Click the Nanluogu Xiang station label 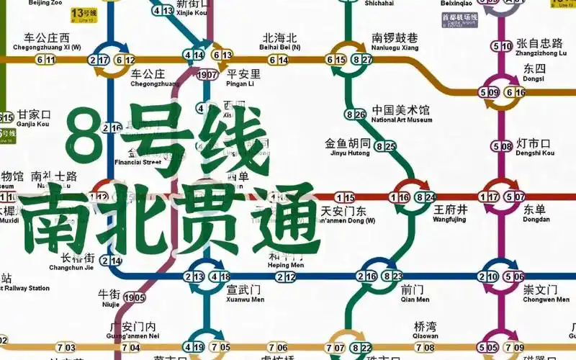tap(395, 42)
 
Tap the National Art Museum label tap(402, 114)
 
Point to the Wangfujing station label tap(451, 213)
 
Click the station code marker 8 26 tap(356, 114)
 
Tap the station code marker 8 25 tap(386, 146)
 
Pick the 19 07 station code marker tap(207, 75)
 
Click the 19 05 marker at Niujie tap(135, 297)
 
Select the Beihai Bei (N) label tap(279, 42)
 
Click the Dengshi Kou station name tap(536, 148)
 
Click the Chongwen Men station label tap(541, 294)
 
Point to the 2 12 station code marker tap(286, 277)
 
